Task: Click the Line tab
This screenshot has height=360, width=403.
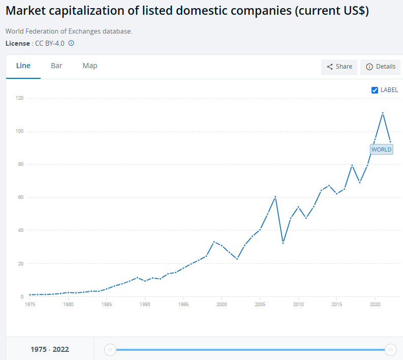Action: coord(23,66)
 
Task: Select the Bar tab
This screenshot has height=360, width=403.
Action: coord(56,66)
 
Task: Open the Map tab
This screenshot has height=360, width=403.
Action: coord(90,66)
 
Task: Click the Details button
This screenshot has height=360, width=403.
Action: coord(380,67)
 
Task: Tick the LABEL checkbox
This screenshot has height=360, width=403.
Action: coord(375,90)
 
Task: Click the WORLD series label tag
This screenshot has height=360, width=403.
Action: coord(381,149)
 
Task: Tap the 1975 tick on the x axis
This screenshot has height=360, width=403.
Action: coord(30,304)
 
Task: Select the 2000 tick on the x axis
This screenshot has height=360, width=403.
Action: coord(222,304)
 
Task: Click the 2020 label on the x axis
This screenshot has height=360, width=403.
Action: coord(375,304)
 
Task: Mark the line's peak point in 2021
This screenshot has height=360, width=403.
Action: coord(383,113)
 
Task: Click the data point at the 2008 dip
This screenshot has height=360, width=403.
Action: coord(283,243)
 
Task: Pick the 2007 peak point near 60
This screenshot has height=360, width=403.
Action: coord(275,197)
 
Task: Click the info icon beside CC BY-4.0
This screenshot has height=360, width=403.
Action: coord(71,43)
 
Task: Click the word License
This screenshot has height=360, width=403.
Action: coord(17,43)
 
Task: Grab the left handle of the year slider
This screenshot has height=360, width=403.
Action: coord(110,349)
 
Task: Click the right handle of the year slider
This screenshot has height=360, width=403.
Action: coord(390,349)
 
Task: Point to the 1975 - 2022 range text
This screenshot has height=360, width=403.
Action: coord(50,349)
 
